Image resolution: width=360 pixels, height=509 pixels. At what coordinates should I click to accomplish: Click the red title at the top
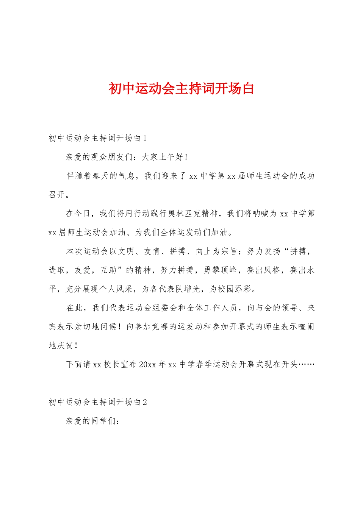coord(181,89)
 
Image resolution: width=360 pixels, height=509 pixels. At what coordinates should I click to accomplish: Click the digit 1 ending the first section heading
coord(144,138)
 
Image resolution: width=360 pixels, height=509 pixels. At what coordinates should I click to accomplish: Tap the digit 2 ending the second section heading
coord(145,402)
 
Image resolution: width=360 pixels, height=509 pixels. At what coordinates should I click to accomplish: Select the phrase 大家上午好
coord(163,157)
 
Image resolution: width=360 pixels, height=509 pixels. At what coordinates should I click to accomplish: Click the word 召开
coord(57,195)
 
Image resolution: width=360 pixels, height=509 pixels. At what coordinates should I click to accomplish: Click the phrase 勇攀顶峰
coord(221,270)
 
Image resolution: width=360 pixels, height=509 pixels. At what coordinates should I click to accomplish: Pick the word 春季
coord(205,364)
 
